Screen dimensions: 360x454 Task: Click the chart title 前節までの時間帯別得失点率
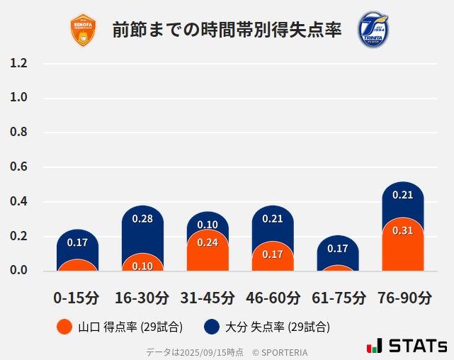[227, 30]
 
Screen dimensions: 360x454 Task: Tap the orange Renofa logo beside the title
[83, 30]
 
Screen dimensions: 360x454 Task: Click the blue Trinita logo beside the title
[373, 29]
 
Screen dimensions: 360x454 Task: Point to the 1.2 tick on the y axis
[18, 63]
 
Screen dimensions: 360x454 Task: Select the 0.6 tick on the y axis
[18, 167]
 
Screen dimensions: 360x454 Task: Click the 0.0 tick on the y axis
[18, 270]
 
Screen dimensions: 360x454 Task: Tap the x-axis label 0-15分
[77, 297]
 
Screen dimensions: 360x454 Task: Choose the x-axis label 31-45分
[208, 297]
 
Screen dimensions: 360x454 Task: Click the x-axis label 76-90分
[403, 297]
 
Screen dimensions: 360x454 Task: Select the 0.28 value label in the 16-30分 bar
[142, 218]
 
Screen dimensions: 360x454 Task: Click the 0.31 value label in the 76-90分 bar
[402, 230]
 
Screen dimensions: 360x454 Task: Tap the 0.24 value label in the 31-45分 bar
[208, 242]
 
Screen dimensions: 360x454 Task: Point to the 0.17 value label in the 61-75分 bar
[338, 249]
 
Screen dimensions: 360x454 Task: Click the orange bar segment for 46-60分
[273, 259]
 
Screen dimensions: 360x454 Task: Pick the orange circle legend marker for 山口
[64, 327]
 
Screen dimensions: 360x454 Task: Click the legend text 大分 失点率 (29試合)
[277, 327]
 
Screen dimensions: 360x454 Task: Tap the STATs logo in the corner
[407, 346]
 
